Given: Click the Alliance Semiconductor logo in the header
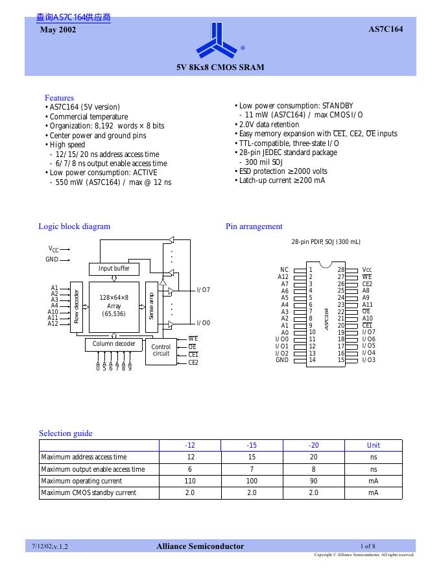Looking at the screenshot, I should tap(219, 41).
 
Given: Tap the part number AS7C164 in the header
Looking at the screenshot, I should tap(386, 29).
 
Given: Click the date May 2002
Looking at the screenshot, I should tap(58, 30).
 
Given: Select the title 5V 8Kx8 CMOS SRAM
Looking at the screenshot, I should tap(220, 67).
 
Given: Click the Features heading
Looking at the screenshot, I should tap(59, 98).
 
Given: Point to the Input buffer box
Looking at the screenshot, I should tap(114, 269).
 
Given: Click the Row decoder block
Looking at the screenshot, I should tap(76, 306).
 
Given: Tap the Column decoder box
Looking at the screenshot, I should tap(113, 344).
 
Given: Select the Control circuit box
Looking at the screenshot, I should tap(161, 350).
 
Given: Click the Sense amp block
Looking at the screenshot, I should tap(151, 306).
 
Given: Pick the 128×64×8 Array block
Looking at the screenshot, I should tap(114, 306).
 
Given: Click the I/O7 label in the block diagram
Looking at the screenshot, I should tap(203, 290).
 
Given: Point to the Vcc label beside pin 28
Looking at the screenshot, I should tap(367, 269).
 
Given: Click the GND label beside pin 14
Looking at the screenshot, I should tap(282, 360).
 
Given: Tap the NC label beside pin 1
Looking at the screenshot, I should tap(284, 269).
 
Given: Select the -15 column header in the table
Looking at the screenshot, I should tap(252, 445).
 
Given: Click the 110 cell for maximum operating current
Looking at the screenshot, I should tap(190, 481).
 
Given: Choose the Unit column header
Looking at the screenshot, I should tap(374, 445).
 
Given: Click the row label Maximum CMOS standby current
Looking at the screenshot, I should tap(89, 493).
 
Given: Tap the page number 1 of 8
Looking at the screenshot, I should tap(368, 546).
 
